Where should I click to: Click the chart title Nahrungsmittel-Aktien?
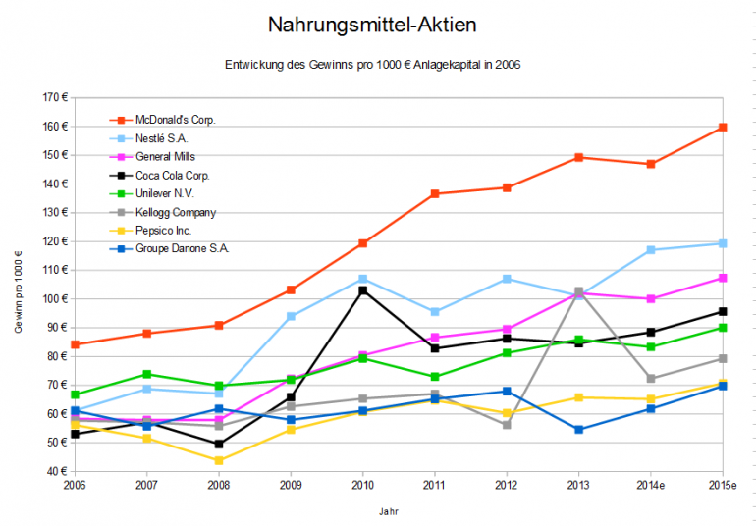pos(377,23)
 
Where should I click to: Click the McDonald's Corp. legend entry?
pos(176,119)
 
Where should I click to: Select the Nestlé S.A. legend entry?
pos(162,137)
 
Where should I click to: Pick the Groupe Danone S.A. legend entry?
pos(182,249)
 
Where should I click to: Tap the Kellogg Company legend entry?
pos(176,212)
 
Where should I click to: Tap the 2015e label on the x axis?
pos(722,485)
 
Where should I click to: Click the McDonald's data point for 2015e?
pos(723,128)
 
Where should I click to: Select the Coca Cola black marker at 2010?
pos(362,290)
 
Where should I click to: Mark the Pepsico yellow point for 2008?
pos(219,460)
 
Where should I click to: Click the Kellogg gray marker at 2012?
pos(507,425)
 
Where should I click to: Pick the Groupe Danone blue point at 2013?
pos(578,430)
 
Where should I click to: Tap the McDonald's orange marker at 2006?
pos(75,344)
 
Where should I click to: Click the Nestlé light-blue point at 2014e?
pos(651,250)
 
